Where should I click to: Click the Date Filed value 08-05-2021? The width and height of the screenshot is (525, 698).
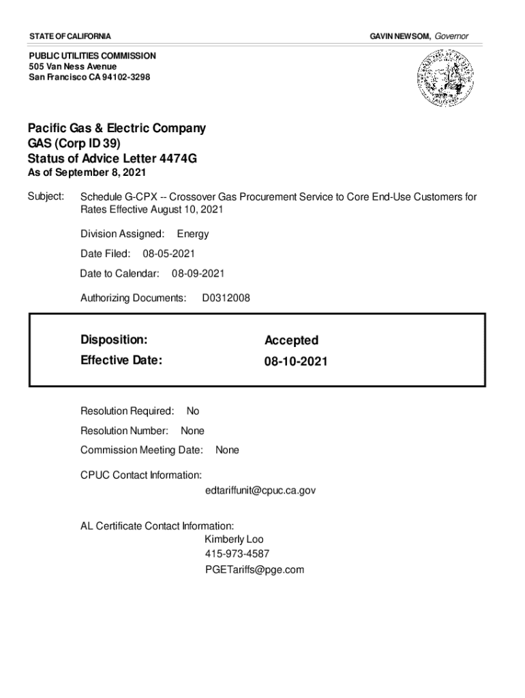click(x=168, y=254)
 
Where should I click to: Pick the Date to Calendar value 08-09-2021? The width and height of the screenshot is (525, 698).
click(x=198, y=273)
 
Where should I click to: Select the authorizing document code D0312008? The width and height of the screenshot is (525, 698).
click(x=226, y=298)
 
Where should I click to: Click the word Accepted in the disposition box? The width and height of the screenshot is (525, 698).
click(x=291, y=340)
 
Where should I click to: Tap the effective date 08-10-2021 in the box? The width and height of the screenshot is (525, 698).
click(x=296, y=361)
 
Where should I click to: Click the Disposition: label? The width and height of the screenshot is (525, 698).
click(x=114, y=339)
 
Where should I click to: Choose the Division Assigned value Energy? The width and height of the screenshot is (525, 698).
click(x=193, y=234)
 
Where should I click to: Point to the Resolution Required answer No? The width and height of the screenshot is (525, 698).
click(x=193, y=411)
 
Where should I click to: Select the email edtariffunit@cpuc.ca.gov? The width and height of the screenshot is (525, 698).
click(x=260, y=490)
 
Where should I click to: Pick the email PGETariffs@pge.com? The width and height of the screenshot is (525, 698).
click(x=254, y=569)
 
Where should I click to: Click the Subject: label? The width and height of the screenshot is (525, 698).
click(x=46, y=197)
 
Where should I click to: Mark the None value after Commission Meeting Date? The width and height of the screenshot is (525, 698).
click(x=227, y=450)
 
